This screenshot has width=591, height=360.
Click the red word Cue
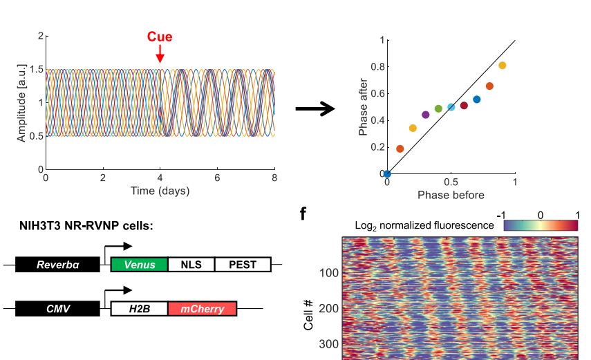(x=159, y=37)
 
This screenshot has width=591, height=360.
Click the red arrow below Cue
(x=160, y=55)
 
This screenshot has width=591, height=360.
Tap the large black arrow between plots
(x=315, y=109)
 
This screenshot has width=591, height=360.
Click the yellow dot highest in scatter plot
(x=503, y=66)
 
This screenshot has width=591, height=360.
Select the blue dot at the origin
(x=387, y=173)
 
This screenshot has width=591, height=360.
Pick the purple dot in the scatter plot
(x=425, y=115)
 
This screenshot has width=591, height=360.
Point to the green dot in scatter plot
(x=438, y=108)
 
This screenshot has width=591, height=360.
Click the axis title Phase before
(x=451, y=196)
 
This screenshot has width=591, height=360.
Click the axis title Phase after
(x=364, y=107)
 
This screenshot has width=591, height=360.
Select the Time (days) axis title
(x=160, y=191)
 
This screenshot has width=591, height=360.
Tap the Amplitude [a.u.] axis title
(x=22, y=102)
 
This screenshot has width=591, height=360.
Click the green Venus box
(x=139, y=264)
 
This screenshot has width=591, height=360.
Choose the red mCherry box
(x=202, y=308)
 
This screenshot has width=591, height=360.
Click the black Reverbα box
(x=57, y=264)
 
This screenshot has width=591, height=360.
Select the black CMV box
(x=57, y=308)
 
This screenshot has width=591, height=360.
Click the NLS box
(x=191, y=264)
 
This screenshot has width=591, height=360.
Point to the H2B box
(x=139, y=308)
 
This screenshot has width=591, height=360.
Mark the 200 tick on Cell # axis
(x=328, y=308)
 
